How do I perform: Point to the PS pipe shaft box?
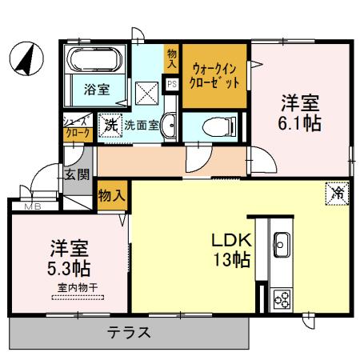tap(171, 82)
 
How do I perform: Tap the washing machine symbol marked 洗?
tap(110, 124)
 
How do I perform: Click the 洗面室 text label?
tap(140, 125)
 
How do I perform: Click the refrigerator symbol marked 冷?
tap(337, 192)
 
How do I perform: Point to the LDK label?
tap(232, 240)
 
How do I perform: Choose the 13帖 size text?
tap(232, 260)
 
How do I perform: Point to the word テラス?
tap(128, 332)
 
